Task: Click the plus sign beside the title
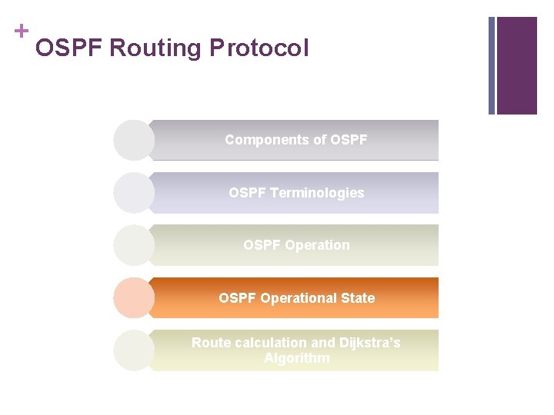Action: click(x=21, y=31)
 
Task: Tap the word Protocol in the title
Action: click(x=259, y=48)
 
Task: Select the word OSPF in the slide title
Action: click(x=69, y=48)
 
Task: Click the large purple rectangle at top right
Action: click(x=516, y=65)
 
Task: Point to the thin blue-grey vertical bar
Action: click(x=492, y=65)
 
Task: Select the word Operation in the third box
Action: click(x=316, y=245)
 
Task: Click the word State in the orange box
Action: click(x=358, y=298)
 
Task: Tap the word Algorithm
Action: click(x=296, y=358)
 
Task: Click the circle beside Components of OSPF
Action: click(x=134, y=140)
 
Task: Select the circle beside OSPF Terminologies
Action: click(x=134, y=193)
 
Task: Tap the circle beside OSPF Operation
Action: click(x=134, y=245)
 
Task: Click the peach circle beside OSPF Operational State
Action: click(x=134, y=298)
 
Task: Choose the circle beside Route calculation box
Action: click(x=134, y=350)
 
